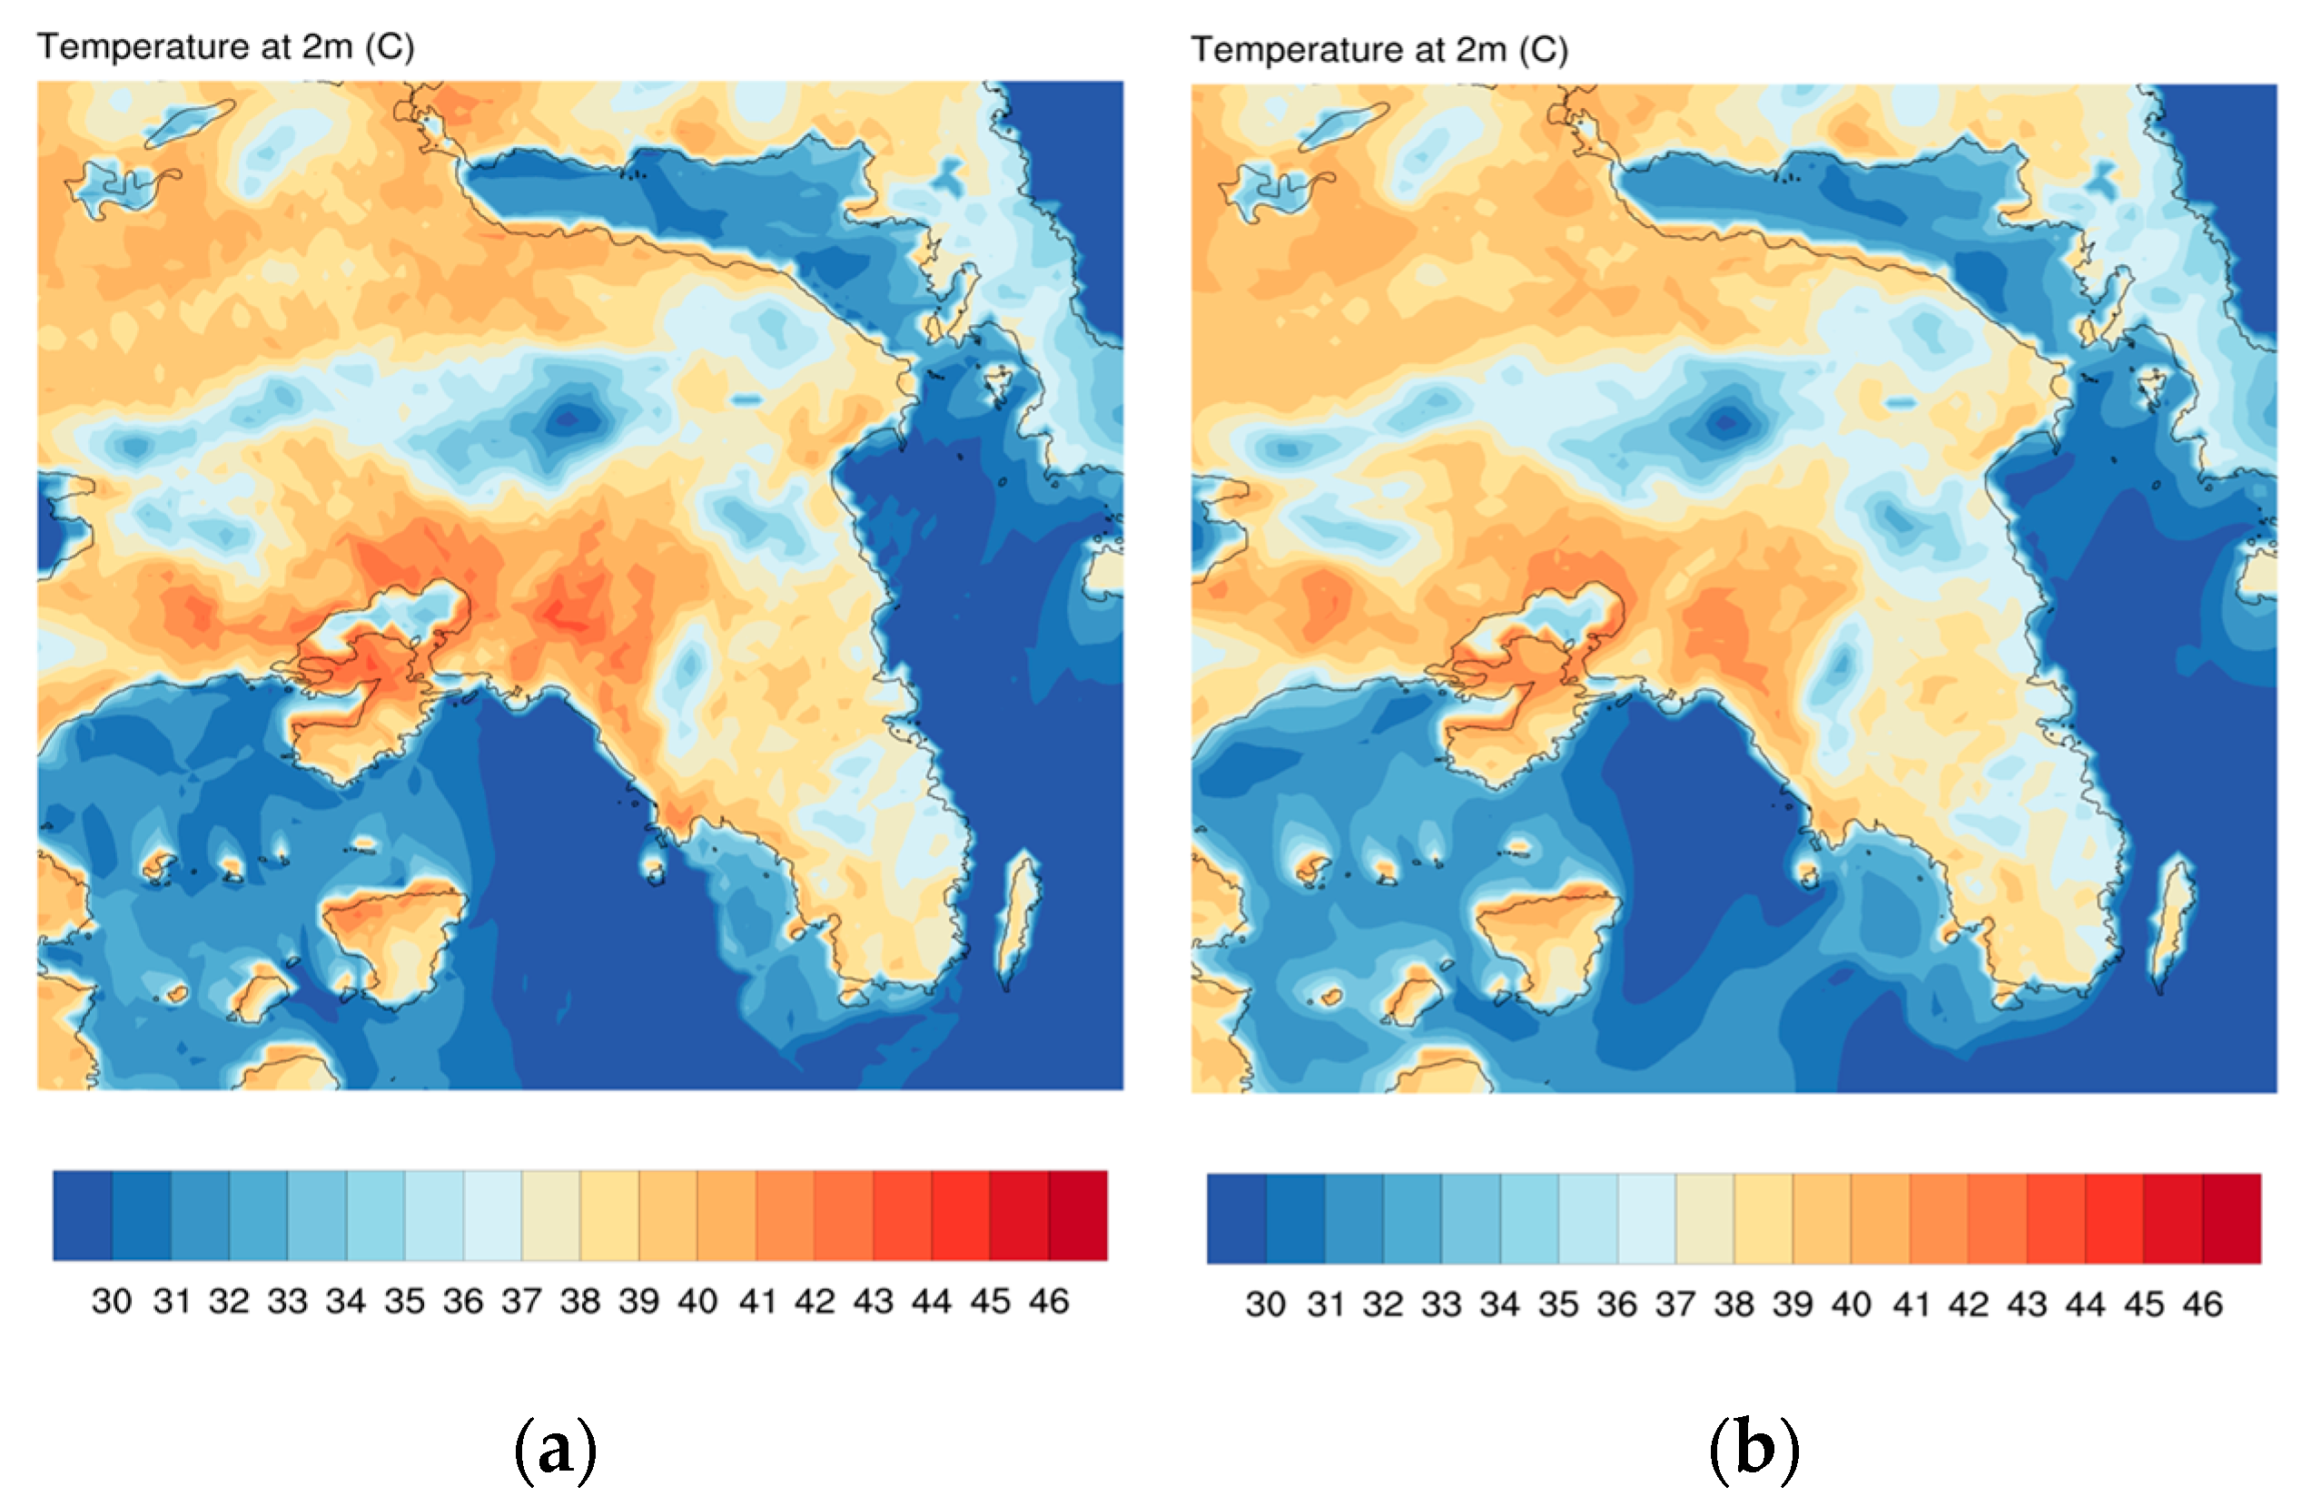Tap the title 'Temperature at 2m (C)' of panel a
pos(225,46)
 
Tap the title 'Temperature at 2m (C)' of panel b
pos(1379,50)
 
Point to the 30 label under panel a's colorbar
pos(112,1301)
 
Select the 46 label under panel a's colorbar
pos(1049,1301)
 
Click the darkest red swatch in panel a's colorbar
pos(1078,1216)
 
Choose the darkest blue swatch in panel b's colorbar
pos(1237,1218)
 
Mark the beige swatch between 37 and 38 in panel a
pos(551,1216)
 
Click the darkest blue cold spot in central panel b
pos(1726,421)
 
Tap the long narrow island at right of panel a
pos(1018,918)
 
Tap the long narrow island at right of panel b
pos(2172,922)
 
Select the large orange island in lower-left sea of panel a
pos(393,937)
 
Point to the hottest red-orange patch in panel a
pos(563,612)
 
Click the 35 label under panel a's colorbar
pos(404,1301)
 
